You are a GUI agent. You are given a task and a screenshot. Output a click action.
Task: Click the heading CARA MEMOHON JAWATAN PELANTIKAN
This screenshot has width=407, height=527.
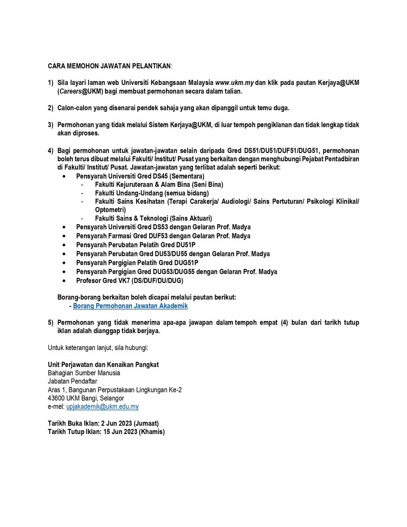click(109, 66)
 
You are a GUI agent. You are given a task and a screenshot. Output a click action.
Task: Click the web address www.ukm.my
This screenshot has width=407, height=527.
click(234, 83)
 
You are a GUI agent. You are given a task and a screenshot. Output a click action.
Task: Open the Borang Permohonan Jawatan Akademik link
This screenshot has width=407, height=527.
click(130, 306)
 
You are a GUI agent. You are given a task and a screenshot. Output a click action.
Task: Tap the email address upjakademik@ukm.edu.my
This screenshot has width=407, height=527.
click(102, 406)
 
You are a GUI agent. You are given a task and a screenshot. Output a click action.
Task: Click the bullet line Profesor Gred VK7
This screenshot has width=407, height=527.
click(129, 280)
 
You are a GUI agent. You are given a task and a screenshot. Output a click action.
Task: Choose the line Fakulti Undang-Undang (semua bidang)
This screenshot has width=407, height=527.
click(151, 193)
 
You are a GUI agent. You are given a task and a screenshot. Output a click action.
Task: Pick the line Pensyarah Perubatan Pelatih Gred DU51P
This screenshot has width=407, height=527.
click(135, 245)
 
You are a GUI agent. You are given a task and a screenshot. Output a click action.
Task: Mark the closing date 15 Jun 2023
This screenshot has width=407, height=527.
click(120, 432)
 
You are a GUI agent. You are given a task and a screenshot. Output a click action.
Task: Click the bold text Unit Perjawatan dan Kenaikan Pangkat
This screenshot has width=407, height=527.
click(103, 364)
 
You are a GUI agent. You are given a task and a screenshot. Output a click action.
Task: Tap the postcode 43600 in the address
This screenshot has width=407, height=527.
click(56, 398)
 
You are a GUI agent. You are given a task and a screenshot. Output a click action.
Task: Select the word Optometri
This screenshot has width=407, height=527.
click(110, 210)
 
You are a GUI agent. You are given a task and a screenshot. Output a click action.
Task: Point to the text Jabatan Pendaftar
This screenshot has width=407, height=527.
click(72, 381)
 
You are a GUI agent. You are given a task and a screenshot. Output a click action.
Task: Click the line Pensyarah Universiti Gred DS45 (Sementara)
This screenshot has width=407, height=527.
click(140, 176)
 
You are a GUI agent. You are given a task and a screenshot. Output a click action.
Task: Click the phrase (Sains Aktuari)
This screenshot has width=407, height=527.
click(191, 218)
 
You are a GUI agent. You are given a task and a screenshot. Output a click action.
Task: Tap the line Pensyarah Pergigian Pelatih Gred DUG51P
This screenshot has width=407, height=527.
click(137, 263)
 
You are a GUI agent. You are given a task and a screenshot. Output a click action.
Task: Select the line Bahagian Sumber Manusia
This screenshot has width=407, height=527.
click(84, 373)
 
